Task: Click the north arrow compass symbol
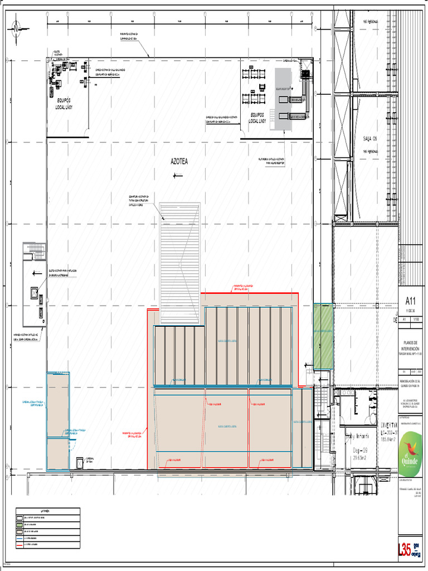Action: coord(16,25)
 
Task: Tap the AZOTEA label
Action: coord(179,162)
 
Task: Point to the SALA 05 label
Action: coord(371,139)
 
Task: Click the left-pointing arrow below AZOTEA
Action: coord(177,176)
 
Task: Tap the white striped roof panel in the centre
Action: coord(179,262)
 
